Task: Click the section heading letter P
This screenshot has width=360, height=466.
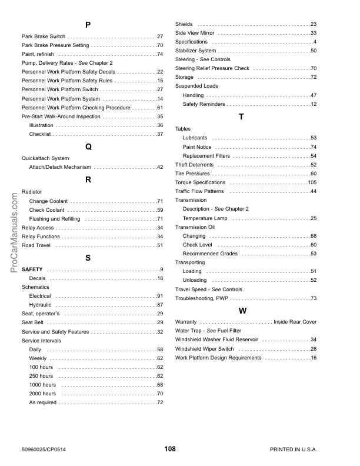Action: tap(88, 25)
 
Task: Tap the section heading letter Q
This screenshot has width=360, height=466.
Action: tap(88, 146)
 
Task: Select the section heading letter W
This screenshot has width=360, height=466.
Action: tap(242, 310)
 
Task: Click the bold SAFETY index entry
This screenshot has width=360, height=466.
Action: tap(32, 269)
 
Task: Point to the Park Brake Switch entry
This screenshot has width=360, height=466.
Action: tap(44, 36)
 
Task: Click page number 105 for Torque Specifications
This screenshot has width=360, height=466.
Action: tap(312, 182)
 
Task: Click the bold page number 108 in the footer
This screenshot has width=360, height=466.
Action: tap(170, 449)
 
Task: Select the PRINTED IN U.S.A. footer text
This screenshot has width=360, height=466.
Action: tap(293, 450)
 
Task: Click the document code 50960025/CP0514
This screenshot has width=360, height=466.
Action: tap(44, 450)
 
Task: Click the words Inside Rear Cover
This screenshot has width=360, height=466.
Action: tap(295, 322)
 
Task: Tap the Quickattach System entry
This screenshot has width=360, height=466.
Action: tap(45, 158)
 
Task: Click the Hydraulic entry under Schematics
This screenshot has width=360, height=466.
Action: tap(41, 305)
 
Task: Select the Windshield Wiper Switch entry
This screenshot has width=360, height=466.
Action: tap(205, 349)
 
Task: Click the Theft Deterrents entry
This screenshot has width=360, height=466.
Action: tap(195, 165)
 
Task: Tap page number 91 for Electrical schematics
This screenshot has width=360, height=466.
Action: tap(159, 296)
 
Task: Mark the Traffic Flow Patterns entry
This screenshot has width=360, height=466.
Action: tap(199, 191)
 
